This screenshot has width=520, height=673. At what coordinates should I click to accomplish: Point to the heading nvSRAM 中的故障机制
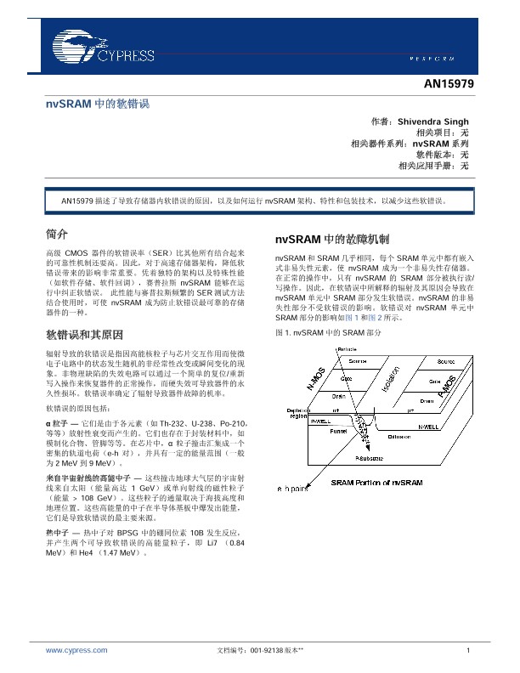tap(332, 239)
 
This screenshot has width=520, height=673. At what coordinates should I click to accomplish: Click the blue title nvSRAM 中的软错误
tap(97, 104)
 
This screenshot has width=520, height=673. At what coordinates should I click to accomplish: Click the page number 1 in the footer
tap(468, 650)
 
